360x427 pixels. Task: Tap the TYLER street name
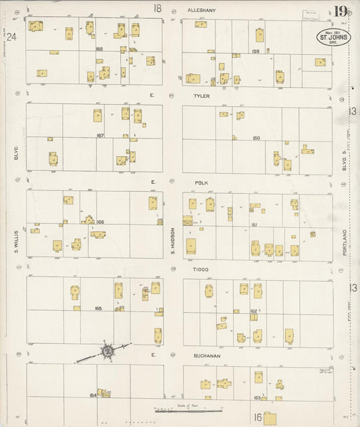click(201, 97)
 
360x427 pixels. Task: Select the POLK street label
click(201, 182)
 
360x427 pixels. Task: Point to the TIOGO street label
click(201, 269)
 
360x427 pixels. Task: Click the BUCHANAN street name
click(205, 355)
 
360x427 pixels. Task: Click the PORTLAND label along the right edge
click(344, 242)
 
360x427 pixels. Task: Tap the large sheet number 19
click(340, 11)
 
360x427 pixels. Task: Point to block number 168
click(99, 49)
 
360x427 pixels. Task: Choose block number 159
click(255, 51)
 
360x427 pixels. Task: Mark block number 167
click(100, 135)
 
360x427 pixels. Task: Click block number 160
click(256, 138)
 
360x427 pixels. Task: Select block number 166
click(99, 222)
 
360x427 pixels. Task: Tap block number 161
click(255, 224)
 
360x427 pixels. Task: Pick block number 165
click(99, 308)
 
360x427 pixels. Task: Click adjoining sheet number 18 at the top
click(157, 9)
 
